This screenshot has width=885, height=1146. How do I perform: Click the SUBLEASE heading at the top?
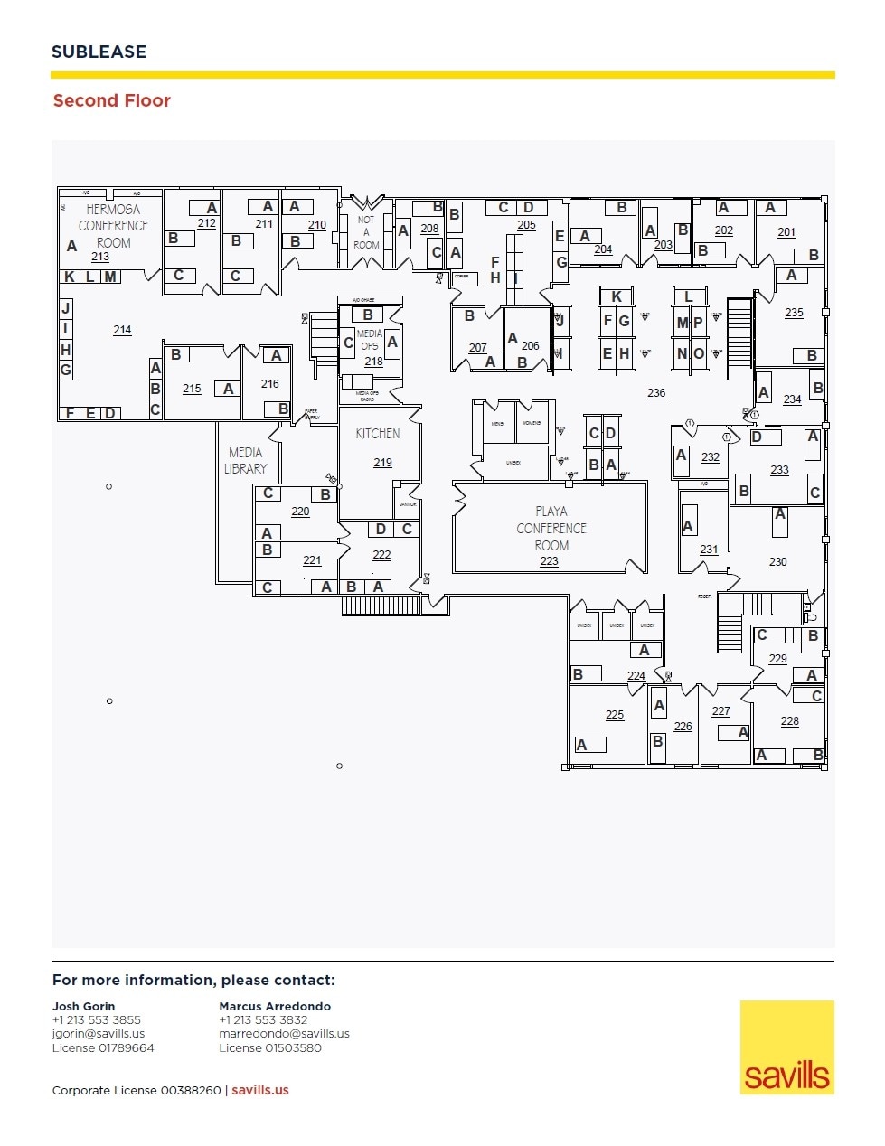pos(99,52)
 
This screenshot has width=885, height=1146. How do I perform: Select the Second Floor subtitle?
pos(111,100)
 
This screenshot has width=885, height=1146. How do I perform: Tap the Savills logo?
pos(786,1047)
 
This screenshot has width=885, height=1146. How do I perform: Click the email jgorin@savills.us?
pos(99,1034)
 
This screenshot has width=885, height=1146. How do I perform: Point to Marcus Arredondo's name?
pos(275,1006)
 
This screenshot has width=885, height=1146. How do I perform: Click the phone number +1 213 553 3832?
pos(263,1019)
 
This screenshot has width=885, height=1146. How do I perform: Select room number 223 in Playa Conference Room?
pos(549,561)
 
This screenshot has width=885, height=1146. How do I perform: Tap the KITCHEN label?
pos(378,434)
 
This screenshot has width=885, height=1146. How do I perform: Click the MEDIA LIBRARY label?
pos(246,460)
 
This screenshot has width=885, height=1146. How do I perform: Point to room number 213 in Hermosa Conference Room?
pos(100,257)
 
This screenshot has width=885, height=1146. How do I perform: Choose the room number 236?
pos(656,393)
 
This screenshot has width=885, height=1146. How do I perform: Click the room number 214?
pos(122,330)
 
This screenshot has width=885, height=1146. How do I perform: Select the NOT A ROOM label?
pos(366,232)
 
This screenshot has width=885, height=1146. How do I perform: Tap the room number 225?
pos(615,715)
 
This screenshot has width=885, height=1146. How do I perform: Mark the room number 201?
pos(786,232)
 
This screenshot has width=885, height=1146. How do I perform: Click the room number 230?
pos(777,562)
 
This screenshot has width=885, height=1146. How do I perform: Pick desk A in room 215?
pos(229,389)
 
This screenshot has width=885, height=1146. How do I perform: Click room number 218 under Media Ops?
pos(373,362)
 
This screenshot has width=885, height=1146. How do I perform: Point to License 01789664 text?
pos(103,1048)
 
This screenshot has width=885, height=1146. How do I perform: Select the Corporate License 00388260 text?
pos(137,1090)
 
